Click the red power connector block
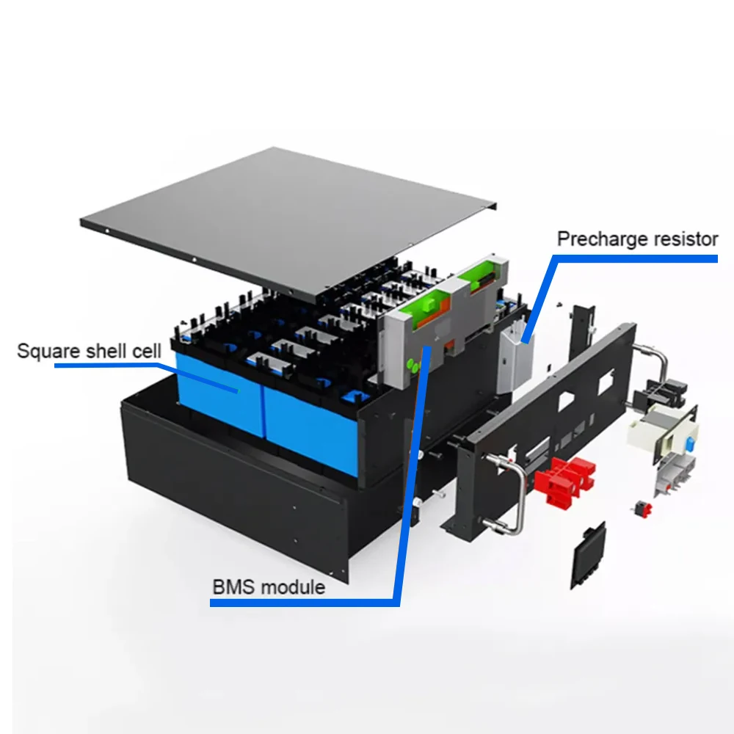point(563,477)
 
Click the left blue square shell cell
point(217,393)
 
